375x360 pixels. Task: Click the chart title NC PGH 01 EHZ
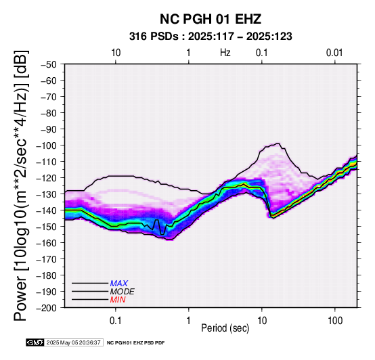pos(211,19)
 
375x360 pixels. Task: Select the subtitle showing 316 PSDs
pos(211,37)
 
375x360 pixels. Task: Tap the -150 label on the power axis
pos(47,227)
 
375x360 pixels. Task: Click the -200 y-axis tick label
pos(47,308)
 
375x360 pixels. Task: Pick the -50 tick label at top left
pos(49,64)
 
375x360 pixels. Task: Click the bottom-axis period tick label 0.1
pos(116,321)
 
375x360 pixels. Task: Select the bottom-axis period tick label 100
pos(335,321)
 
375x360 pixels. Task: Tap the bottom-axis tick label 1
pos(189,321)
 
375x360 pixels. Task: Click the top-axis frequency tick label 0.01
pos(334,53)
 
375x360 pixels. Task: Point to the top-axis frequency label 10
pos(116,53)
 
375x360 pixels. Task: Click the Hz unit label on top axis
pos(225,53)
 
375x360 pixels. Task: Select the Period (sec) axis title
pos(225,328)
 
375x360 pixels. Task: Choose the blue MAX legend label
pos(119,284)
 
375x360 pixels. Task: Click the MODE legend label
pos(123,292)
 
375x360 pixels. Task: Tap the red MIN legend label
pos(118,300)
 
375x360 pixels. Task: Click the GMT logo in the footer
pos(35,342)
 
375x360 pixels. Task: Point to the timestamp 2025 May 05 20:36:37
pos(73,342)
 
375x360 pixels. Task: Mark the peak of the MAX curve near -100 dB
pos(278,143)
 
